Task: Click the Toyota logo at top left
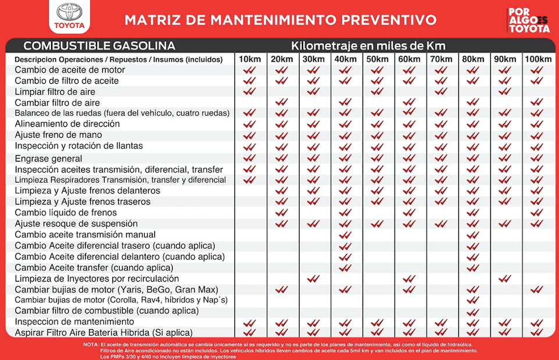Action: click(70, 16)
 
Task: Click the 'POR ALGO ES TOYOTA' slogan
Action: click(529, 20)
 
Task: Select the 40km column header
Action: click(346, 59)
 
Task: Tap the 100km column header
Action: click(538, 59)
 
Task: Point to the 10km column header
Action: click(250, 59)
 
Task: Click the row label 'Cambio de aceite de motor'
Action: click(70, 70)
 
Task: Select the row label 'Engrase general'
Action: click(48, 158)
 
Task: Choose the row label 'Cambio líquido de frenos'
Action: click(66, 213)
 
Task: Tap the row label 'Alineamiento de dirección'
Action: click(67, 124)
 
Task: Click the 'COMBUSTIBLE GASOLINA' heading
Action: click(99, 45)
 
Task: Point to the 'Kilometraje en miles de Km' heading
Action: click(368, 45)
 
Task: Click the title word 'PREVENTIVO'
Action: click(389, 20)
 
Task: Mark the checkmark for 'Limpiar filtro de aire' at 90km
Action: click(505, 92)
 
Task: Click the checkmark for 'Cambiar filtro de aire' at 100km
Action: click(537, 102)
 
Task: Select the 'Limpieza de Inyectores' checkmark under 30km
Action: click(314, 279)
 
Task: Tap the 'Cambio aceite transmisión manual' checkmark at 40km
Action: click(346, 235)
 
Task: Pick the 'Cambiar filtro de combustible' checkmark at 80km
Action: click(473, 312)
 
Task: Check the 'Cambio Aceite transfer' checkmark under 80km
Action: click(473, 268)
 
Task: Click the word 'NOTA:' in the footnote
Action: click(91, 345)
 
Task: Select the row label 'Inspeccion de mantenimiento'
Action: click(74, 322)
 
